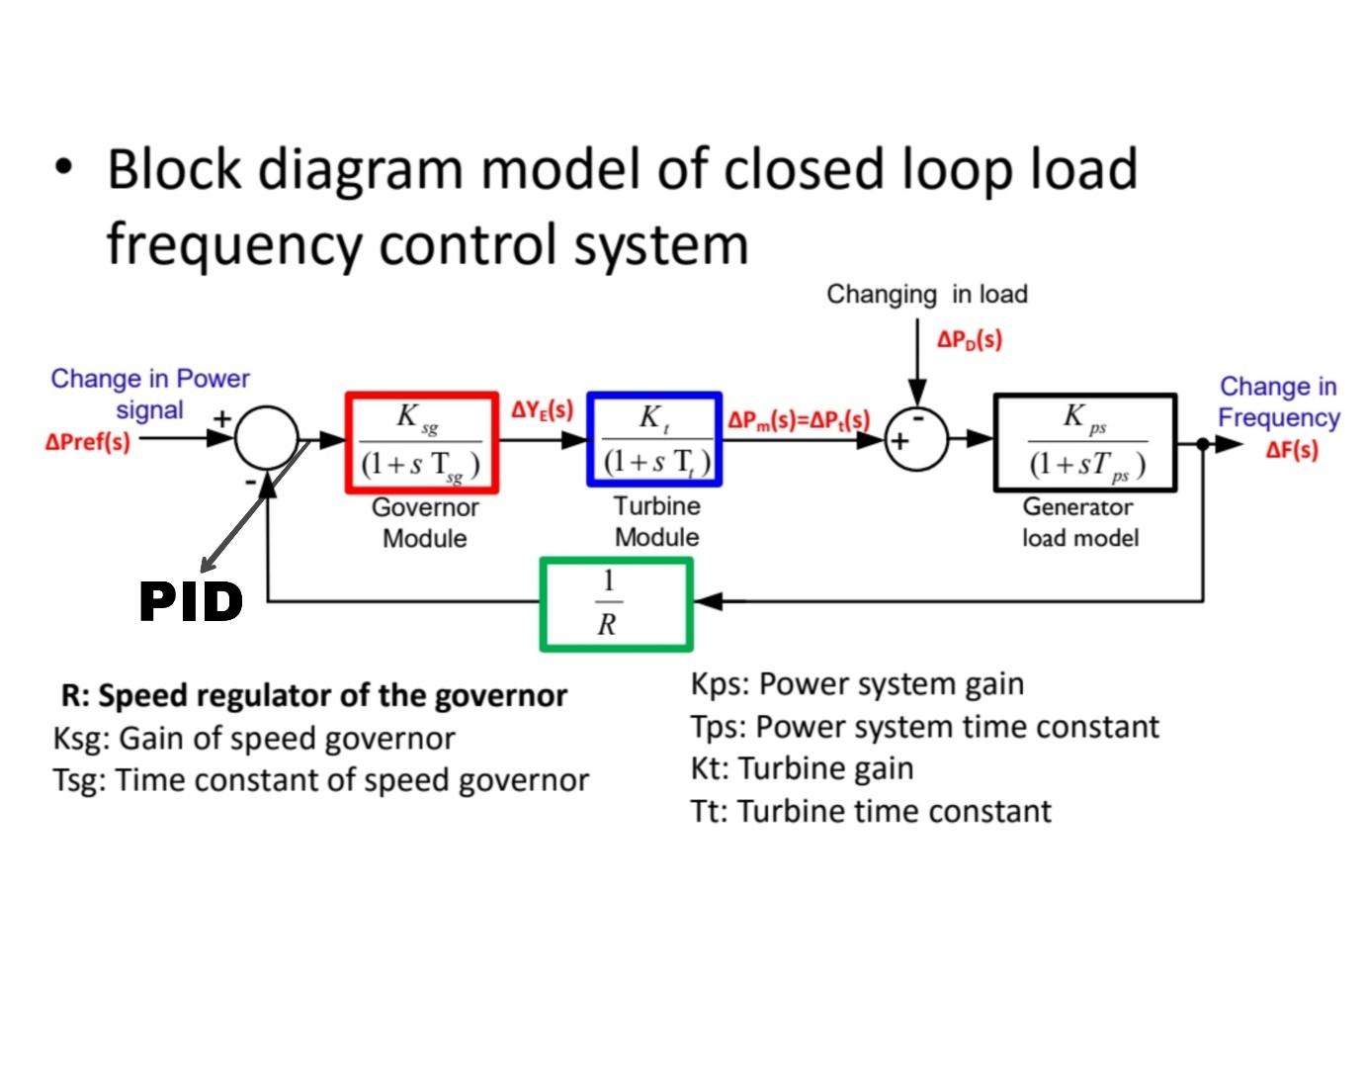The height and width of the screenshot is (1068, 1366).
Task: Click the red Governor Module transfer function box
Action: pyautogui.click(x=421, y=441)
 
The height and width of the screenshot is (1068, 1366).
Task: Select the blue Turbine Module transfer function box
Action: pyautogui.click(x=654, y=439)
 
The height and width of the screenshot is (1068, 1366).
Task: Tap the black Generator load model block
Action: pyautogui.click(x=1084, y=442)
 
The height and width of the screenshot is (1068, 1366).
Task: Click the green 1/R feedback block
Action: pyautogui.click(x=615, y=603)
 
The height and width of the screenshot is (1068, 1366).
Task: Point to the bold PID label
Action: pyautogui.click(x=191, y=601)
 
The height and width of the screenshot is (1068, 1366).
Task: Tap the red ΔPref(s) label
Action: pyautogui.click(x=88, y=442)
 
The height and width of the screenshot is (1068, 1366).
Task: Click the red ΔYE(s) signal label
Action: pyautogui.click(x=542, y=409)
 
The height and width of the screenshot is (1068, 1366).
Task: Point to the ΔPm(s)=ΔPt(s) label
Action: pyautogui.click(x=799, y=419)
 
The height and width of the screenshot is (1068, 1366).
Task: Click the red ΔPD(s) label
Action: pyautogui.click(x=969, y=339)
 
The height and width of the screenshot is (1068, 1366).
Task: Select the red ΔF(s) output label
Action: pyautogui.click(x=1292, y=450)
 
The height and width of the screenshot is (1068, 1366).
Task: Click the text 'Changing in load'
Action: pyautogui.click(x=926, y=294)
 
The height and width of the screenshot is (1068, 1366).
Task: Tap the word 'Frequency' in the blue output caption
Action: pyautogui.click(x=1278, y=417)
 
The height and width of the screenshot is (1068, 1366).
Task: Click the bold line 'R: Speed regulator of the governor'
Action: pyautogui.click(x=313, y=695)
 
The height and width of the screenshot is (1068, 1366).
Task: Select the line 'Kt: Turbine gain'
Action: pyautogui.click(x=802, y=768)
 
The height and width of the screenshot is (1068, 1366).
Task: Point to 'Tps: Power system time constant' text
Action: pyautogui.click(x=924, y=727)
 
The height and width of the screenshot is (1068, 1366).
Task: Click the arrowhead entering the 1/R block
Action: pyautogui.click(x=706, y=600)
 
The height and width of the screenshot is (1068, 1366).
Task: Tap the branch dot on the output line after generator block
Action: pyautogui.click(x=1203, y=444)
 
